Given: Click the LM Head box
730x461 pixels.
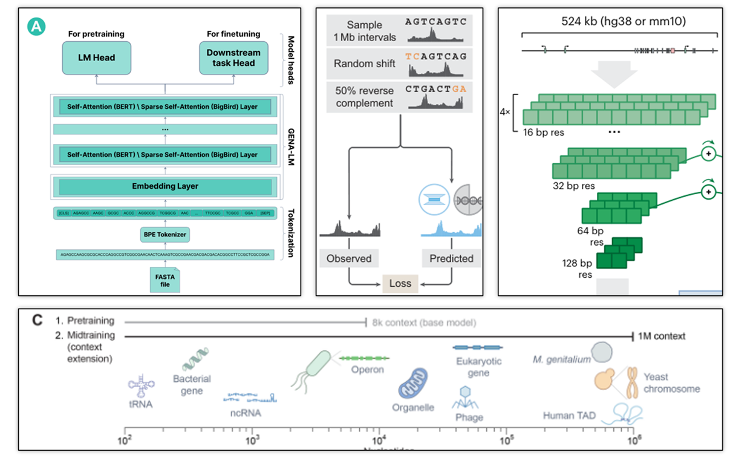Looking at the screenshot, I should pyautogui.click(x=96, y=58).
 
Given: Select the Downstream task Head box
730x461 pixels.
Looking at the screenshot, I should pyautogui.click(x=233, y=58).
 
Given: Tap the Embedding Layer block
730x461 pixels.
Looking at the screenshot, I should pyautogui.click(x=165, y=186).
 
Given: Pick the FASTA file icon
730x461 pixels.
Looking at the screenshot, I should pyautogui.click(x=165, y=279).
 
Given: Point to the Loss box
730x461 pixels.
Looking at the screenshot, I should pyautogui.click(x=400, y=283).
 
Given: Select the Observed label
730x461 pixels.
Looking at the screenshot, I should pyautogui.click(x=349, y=258).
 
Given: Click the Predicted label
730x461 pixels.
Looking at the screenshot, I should pyautogui.click(x=451, y=258).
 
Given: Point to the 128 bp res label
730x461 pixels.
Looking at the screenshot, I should pyautogui.click(x=578, y=268).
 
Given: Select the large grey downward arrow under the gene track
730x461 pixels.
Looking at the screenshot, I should pyautogui.click(x=613, y=73).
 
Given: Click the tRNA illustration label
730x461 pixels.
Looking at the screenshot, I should pyautogui.click(x=140, y=404).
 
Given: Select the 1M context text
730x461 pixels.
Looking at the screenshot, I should pyautogui.click(x=663, y=336).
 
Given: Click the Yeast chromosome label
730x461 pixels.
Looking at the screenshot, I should pyautogui.click(x=671, y=383).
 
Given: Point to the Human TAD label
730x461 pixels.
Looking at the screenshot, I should pyautogui.click(x=569, y=416).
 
